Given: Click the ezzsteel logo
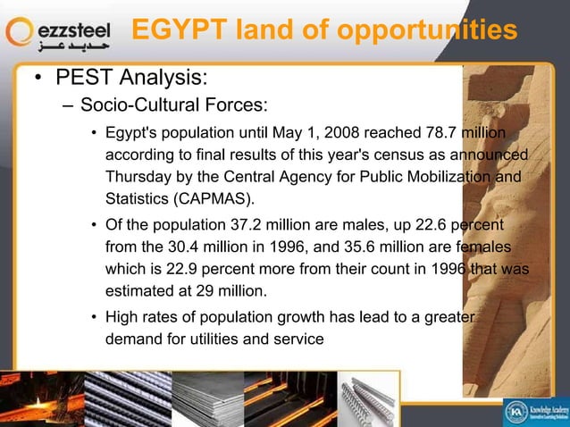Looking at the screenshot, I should point(60,34).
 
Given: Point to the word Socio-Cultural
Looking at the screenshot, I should point(139,106).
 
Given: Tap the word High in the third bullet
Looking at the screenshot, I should point(122,316).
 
